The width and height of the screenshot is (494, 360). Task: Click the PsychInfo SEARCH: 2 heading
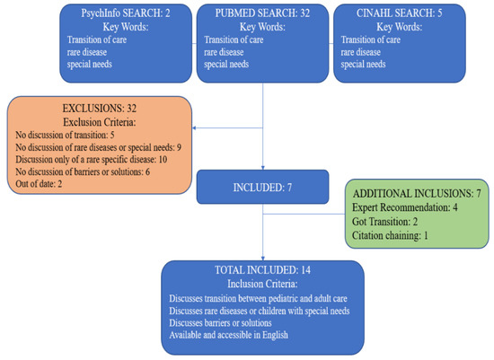[x=126, y=13]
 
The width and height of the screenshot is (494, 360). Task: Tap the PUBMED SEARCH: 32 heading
[x=262, y=13]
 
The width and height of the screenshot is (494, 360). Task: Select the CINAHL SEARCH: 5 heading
[x=399, y=13]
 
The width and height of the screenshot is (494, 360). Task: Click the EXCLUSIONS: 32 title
[x=99, y=109]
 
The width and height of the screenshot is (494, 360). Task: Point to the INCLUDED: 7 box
[x=263, y=187]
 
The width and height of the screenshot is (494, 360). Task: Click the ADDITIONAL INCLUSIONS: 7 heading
[x=417, y=193]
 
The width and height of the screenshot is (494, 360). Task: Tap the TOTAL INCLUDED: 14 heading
[x=262, y=270]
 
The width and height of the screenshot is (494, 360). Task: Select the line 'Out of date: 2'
[x=39, y=184]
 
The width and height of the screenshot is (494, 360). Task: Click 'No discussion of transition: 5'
[x=65, y=136]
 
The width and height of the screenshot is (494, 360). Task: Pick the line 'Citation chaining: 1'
[x=390, y=235]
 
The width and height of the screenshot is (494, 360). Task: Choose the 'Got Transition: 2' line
[x=384, y=222]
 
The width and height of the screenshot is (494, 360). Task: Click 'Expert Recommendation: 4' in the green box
[x=405, y=207]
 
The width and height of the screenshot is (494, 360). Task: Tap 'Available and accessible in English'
[x=228, y=335]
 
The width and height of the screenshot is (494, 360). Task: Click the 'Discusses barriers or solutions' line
[x=220, y=323]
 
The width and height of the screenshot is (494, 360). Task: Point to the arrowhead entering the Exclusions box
[x=194, y=127]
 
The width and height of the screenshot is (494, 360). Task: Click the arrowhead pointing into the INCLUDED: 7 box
[x=263, y=168]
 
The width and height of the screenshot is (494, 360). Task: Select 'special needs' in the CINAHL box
[x=363, y=65]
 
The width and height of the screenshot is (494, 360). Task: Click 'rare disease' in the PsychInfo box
[x=86, y=52]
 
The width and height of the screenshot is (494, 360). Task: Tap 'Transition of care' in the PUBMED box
[x=234, y=40]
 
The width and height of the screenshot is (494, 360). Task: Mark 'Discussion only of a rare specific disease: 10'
[x=92, y=160]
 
